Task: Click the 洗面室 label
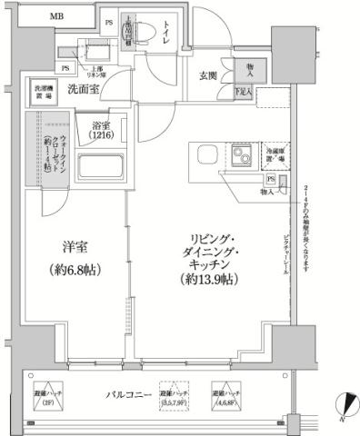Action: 83,89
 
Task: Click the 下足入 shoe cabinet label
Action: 243,92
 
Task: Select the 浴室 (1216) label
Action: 109,131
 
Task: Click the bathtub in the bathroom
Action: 102,168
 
